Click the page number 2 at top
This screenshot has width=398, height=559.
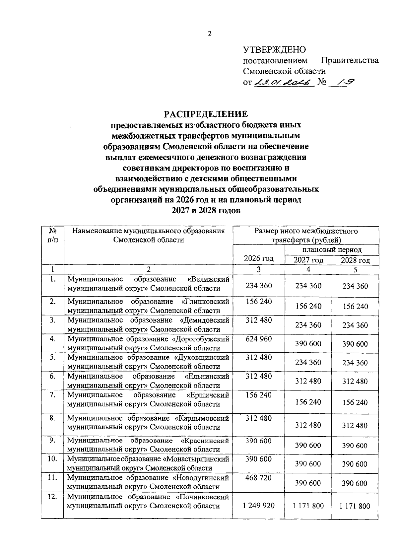[x=210, y=34]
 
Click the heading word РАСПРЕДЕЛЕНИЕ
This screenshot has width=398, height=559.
[x=206, y=114]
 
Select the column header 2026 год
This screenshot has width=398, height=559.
[x=259, y=258]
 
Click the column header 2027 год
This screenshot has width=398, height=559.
[x=308, y=260]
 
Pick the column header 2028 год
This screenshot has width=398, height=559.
[x=355, y=260]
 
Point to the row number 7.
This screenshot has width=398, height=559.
[x=52, y=395]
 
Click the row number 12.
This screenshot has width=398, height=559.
[x=52, y=497]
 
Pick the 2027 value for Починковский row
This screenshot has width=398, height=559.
[x=308, y=506]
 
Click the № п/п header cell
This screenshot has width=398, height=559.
[x=52, y=235]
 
